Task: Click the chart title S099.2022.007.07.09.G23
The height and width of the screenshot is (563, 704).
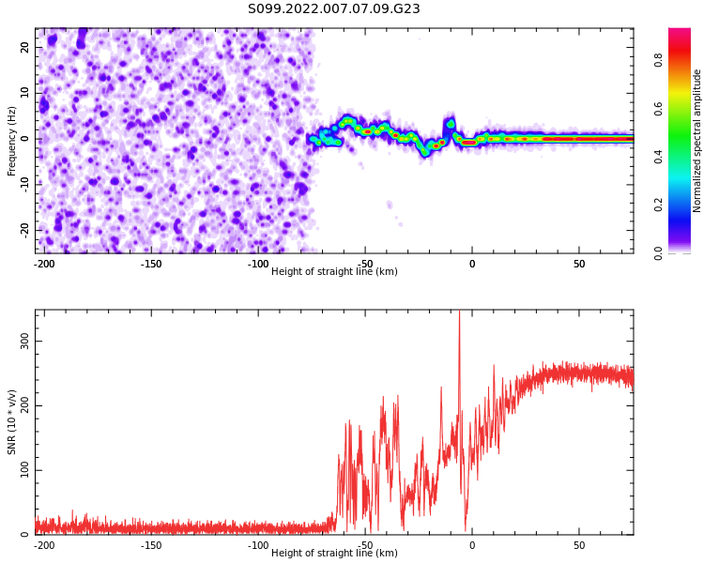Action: tap(333, 9)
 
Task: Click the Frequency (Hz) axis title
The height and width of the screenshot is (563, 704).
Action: tap(12, 141)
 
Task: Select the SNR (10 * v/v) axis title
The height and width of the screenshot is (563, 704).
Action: tap(12, 421)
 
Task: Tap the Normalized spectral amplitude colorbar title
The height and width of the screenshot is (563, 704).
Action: tap(697, 141)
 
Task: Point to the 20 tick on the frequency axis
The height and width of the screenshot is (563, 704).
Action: tap(25, 47)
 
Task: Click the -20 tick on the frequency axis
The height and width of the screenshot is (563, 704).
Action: tap(23, 230)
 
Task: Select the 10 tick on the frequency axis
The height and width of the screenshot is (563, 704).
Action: tap(25, 93)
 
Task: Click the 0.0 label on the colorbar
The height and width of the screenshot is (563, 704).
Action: tap(659, 252)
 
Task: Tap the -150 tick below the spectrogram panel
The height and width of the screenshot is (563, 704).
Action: tap(151, 264)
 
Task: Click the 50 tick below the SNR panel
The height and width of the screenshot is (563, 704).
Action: tap(579, 545)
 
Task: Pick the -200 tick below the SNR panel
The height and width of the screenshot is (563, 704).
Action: tap(43, 545)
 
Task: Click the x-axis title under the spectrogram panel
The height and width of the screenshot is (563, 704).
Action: tap(333, 272)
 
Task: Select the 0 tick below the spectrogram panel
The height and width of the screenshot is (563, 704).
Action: tap(472, 264)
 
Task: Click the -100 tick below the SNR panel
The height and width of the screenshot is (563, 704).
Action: tap(258, 545)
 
